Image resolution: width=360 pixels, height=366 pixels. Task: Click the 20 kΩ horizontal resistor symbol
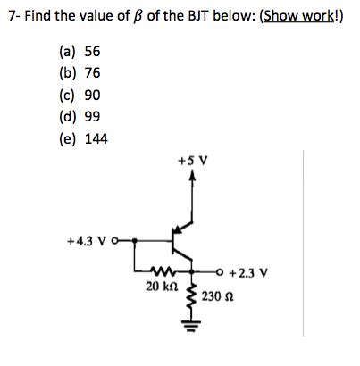tap(163, 273)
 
